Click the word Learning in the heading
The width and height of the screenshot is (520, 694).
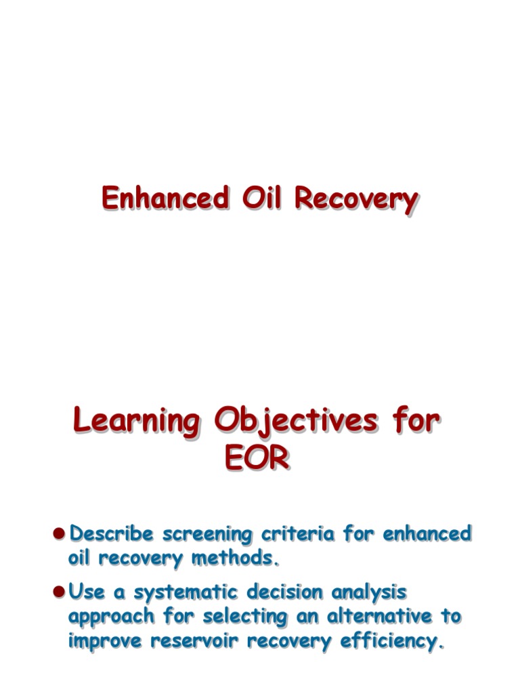136,422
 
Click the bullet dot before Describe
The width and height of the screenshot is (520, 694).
59,533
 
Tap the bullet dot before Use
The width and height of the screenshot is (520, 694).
59,592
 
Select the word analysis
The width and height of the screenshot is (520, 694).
369,592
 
